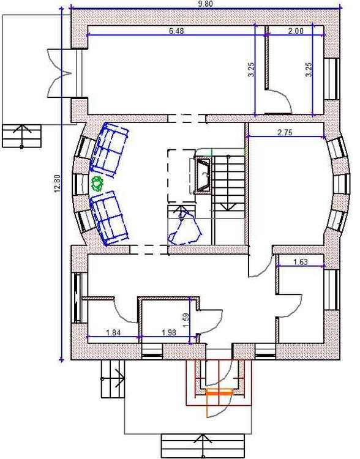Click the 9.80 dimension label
pos(205,4)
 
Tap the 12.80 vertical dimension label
pos(57,184)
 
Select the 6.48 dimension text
pos(176,31)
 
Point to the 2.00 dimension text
pos(296,31)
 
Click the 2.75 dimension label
pos(285,132)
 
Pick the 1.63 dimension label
pos(301,262)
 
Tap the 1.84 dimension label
pos(113,332)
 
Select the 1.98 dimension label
pos(168,332)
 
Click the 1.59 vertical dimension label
pos(186,321)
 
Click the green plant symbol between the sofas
pos(97,184)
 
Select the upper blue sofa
pos(109,150)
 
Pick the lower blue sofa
pos(109,217)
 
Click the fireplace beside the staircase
pos(203,176)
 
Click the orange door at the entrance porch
pos(218,403)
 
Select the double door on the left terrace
pos(59,73)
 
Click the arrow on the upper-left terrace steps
pos(21,135)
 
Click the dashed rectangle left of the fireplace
pos(182,176)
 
